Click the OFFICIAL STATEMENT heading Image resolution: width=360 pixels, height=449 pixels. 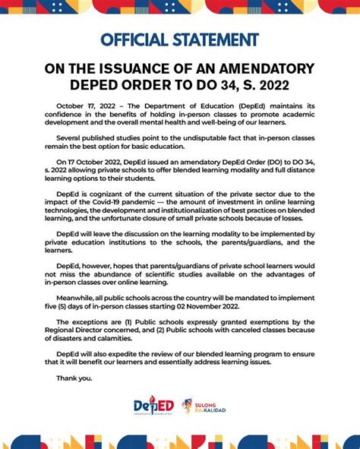(x=179, y=40)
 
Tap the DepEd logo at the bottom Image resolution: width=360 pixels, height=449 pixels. (x=154, y=408)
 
